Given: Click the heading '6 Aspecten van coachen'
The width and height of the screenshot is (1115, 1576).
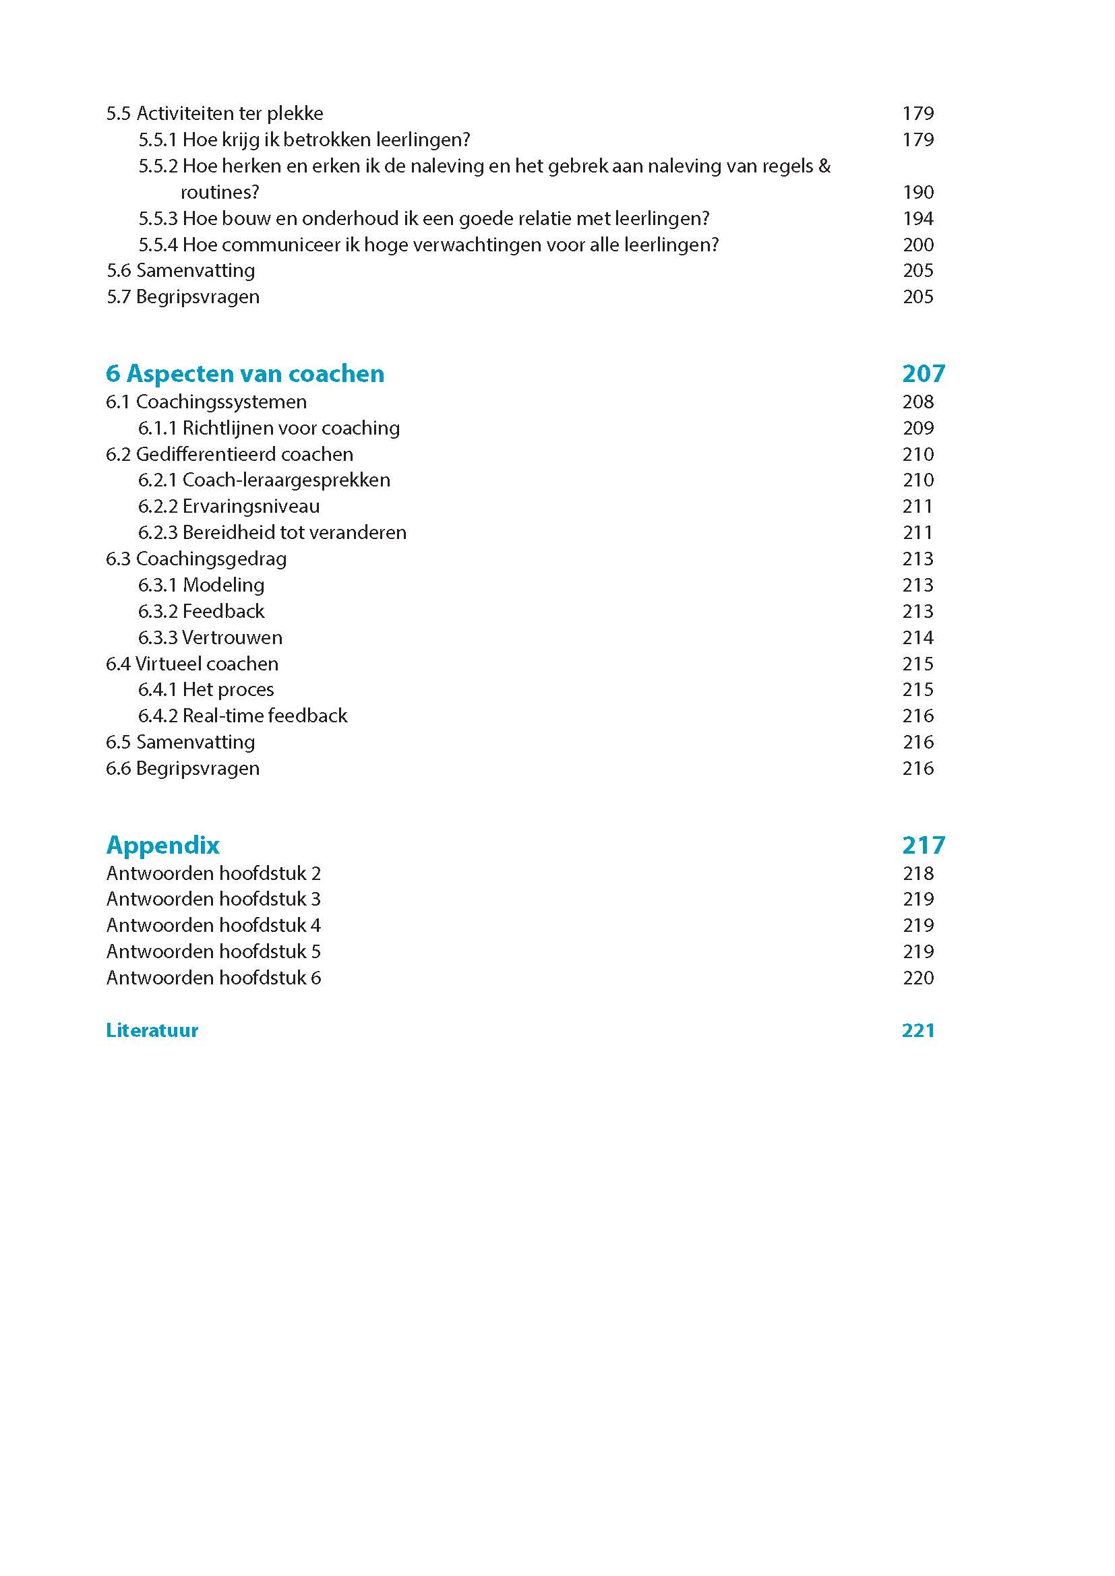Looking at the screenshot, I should [245, 374].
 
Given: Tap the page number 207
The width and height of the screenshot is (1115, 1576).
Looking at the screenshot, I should [924, 374].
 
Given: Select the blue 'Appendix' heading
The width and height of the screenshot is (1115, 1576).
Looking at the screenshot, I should [162, 845].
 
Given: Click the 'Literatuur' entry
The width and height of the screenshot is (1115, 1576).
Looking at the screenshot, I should [152, 1030].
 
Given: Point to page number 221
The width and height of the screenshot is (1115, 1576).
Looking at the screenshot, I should [918, 1030].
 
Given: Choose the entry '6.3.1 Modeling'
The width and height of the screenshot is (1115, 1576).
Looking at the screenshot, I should [201, 585].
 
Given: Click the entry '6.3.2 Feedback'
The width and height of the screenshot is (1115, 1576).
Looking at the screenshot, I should [201, 611].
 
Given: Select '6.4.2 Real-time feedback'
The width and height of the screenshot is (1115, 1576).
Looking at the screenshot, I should [243, 716].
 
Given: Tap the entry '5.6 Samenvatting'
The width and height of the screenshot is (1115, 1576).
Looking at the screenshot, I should [181, 270].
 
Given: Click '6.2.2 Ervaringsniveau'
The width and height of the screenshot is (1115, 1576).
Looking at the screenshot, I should [229, 507].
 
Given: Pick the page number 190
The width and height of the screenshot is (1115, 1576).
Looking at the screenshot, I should [918, 192].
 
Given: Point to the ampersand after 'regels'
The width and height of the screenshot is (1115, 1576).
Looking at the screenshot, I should [824, 166].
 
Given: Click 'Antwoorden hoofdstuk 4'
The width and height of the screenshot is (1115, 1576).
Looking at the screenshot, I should [214, 925].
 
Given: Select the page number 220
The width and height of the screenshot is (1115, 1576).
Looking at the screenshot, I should [918, 978].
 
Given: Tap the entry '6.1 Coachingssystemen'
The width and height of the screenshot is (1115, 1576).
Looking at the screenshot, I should [206, 402].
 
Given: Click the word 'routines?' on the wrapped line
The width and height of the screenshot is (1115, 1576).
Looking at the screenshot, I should [220, 192].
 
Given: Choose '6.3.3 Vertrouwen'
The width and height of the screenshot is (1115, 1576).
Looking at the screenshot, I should [210, 637].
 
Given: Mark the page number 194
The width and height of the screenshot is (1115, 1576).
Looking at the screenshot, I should [918, 218].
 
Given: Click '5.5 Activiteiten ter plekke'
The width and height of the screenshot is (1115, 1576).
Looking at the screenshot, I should [214, 113].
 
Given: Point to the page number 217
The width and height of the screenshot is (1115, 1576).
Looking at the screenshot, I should [924, 845].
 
